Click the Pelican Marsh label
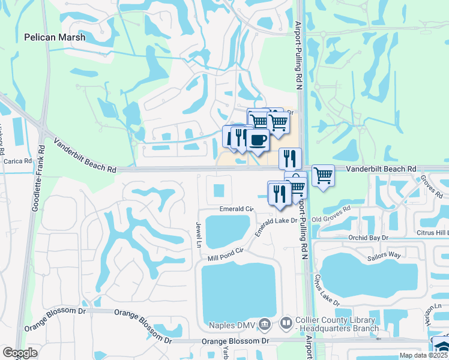click(55, 37)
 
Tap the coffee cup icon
click(258, 140)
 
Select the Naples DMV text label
click(233, 326)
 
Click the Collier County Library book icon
click(286, 325)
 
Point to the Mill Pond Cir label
click(225, 253)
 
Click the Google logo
click(20, 353)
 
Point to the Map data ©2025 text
click(423, 355)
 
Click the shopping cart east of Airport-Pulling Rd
click(323, 175)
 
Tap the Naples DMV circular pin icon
click(266, 325)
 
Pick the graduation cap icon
click(441, 346)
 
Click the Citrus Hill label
click(433, 232)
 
